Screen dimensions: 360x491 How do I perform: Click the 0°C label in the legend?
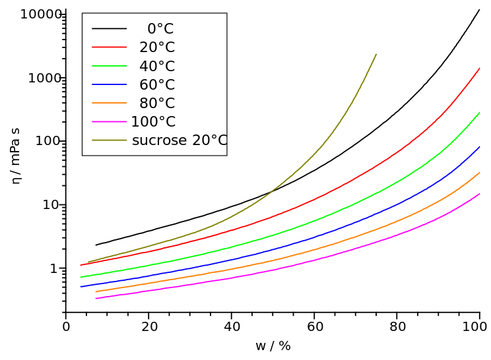(160, 29)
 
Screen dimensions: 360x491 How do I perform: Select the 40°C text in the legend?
(157, 67)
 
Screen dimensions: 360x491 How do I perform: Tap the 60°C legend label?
(157, 85)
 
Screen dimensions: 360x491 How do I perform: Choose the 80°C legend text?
(157, 104)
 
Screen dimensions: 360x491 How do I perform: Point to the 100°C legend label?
(153, 122)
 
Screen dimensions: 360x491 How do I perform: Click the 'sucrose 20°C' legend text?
(180, 140)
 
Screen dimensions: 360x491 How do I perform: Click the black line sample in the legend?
(109, 29)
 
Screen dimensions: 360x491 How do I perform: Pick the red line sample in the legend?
(109, 47)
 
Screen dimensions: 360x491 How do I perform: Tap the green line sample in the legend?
(109, 66)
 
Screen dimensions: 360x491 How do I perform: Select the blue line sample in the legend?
(109, 84)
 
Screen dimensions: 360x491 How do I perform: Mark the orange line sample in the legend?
(109, 103)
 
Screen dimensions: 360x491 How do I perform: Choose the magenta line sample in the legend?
(109, 121)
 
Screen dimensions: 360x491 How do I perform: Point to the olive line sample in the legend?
(109, 140)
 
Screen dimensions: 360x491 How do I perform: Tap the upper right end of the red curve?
(480, 68)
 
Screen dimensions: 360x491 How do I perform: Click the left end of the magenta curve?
(96, 298)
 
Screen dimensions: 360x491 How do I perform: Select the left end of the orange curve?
(96, 291)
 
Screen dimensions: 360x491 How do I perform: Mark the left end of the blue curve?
(81, 286)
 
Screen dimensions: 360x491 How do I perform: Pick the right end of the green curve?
(480, 113)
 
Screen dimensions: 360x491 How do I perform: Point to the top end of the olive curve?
(376, 54)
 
